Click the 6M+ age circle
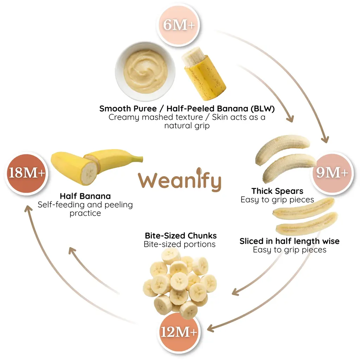[x=179, y=25]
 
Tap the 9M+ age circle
[x=332, y=173]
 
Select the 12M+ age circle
[x=179, y=332]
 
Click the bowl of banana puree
[x=145, y=71]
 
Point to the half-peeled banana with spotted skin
[x=204, y=74]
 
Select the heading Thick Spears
[x=277, y=191]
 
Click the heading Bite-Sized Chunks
[x=181, y=236]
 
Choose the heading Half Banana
[x=85, y=196]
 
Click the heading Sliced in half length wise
[x=290, y=241]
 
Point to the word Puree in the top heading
[x=145, y=109]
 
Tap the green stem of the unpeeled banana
[x=137, y=159]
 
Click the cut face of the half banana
[x=89, y=173]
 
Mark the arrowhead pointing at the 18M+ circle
[x=28, y=209]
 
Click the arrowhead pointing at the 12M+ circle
[x=211, y=328]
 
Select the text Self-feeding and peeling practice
[x=85, y=209]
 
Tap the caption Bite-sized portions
[x=180, y=244]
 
